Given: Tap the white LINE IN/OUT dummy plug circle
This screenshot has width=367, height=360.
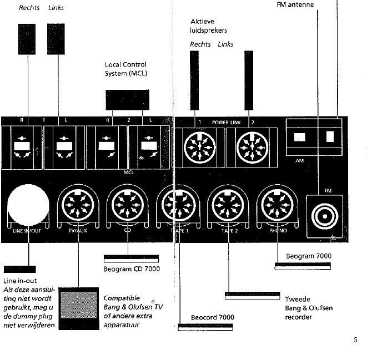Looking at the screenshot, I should pyautogui.click(x=28, y=207).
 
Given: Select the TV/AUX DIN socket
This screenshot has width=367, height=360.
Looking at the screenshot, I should pyautogui.click(x=78, y=207).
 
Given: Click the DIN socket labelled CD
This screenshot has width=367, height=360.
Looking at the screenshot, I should pyautogui.click(x=128, y=207).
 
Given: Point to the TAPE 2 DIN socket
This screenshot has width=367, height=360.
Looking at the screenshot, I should pyautogui.click(x=227, y=207).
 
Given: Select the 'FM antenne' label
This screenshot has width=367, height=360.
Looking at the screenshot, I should pyautogui.click(x=295, y=5).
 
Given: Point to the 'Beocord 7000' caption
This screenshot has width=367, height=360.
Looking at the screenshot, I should pyautogui.click(x=212, y=317).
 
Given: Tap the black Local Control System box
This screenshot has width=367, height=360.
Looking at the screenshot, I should pyautogui.click(x=127, y=99).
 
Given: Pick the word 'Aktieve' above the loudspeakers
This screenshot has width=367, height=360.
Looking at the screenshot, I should pyautogui.click(x=202, y=21).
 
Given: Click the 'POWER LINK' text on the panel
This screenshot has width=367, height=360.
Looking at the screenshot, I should pyautogui.click(x=225, y=121).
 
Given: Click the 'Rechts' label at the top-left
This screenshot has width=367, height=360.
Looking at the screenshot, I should pyautogui.click(x=28, y=8).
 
